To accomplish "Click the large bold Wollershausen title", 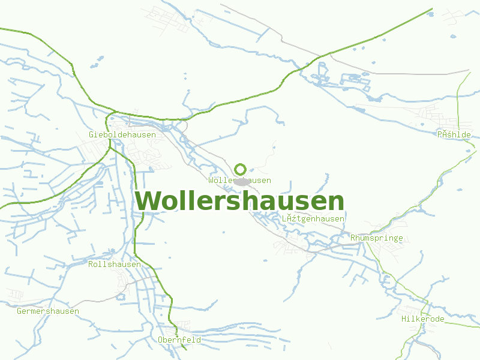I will [x=240, y=202].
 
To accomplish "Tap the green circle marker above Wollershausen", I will [x=241, y=169].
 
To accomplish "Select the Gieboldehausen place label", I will [x=122, y=135].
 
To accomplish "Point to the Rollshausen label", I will [x=115, y=265].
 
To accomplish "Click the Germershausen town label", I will [x=48, y=311].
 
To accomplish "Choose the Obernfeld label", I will [x=179, y=340].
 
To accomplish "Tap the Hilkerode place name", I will [x=423, y=319].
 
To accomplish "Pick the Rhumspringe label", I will [x=377, y=238].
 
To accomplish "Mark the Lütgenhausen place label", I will [x=313, y=219].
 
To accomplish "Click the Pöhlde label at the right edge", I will [x=454, y=135].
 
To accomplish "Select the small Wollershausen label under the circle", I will [x=240, y=181].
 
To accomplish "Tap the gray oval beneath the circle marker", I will [x=242, y=182].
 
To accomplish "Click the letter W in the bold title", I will [x=146, y=202].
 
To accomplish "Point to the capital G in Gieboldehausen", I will [x=91, y=135].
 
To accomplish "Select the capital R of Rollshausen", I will [x=91, y=265].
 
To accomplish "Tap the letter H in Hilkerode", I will [x=404, y=319].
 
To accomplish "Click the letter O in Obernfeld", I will [x=160, y=340].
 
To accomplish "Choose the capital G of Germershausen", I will [x=19, y=311].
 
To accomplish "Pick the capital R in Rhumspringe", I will [x=353, y=238].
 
